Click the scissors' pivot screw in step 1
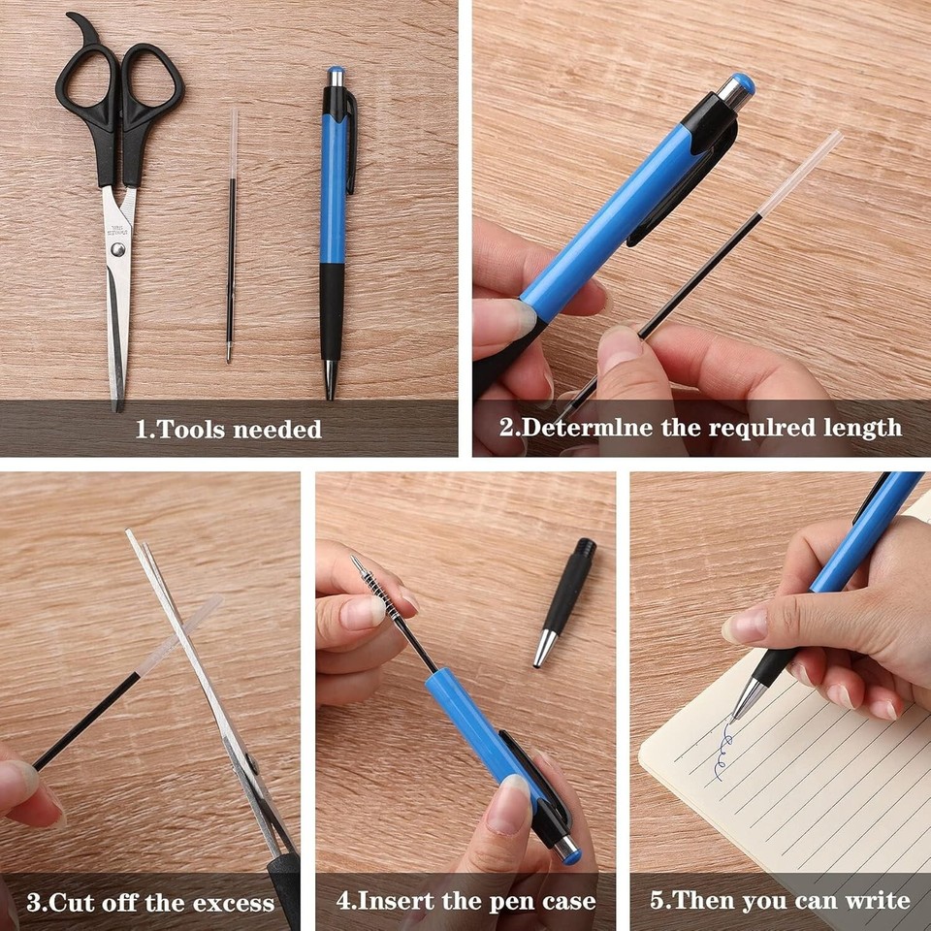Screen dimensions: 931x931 point(118,249)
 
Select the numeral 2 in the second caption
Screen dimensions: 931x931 point(505,428)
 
